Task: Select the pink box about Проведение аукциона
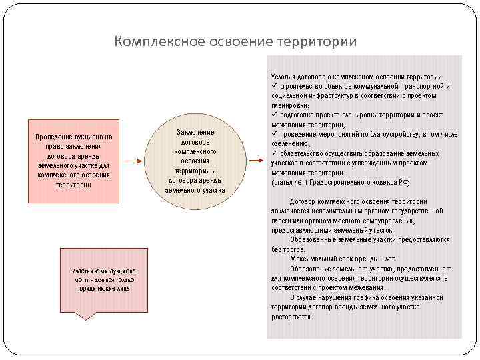coord(74,161)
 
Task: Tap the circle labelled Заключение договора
coord(195,161)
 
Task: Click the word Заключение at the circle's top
coord(195,133)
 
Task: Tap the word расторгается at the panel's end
coord(291,317)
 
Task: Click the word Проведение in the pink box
coord(56,137)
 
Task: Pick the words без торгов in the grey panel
coord(283,249)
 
